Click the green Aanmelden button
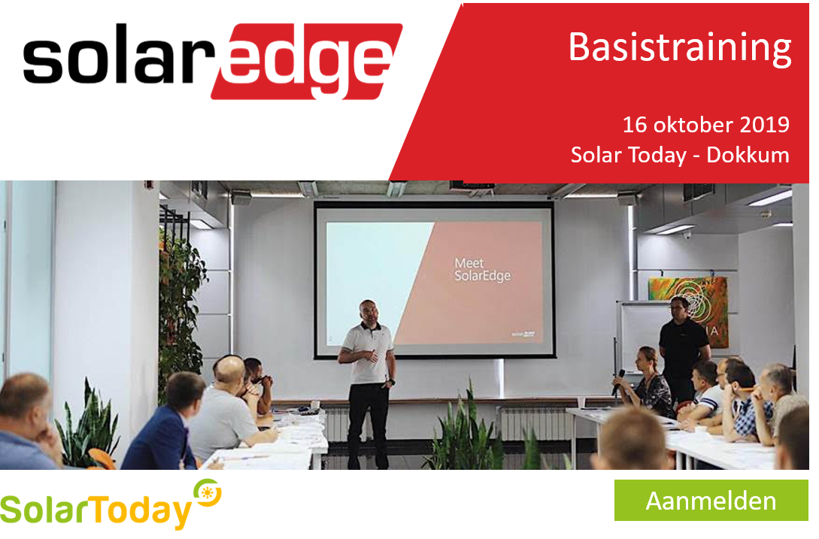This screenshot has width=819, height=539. (711, 500)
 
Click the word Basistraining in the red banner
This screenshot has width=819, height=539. (680, 48)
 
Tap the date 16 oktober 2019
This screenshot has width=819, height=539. (705, 125)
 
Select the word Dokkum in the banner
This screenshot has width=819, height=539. (748, 155)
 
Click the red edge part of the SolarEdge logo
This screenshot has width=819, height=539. (307, 61)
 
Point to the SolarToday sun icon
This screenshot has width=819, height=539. (208, 492)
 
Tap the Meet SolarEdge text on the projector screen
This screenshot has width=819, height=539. (481, 269)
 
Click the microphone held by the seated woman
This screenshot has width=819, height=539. (618, 381)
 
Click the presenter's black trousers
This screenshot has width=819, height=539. (369, 424)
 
